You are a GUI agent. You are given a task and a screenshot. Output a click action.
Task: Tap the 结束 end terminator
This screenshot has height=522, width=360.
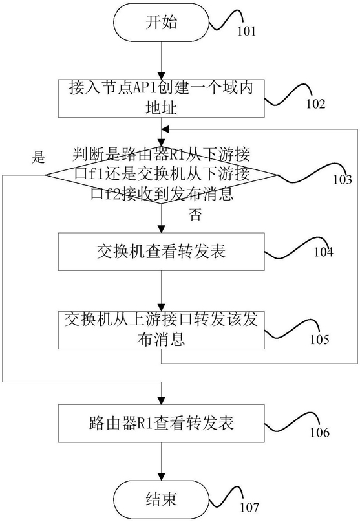pyautogui.click(x=162, y=499)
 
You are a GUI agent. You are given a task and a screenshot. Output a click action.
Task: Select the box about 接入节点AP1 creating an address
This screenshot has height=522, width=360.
pyautogui.click(x=162, y=98)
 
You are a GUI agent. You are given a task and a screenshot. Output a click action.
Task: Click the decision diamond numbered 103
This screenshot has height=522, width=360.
pyautogui.click(x=162, y=175)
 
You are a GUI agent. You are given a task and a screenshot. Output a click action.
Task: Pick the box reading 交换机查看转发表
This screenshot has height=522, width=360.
pyautogui.click(x=162, y=252)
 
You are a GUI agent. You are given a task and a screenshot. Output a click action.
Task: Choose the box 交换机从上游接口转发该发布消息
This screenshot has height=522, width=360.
pyautogui.click(x=162, y=330)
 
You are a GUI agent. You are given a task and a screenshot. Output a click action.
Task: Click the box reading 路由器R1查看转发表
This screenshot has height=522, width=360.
pyautogui.click(x=162, y=424)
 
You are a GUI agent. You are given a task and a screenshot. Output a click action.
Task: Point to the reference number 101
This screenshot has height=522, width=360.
pyautogui.click(x=246, y=31)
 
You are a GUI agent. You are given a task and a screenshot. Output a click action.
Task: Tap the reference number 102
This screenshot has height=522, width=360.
pyautogui.click(x=315, y=104)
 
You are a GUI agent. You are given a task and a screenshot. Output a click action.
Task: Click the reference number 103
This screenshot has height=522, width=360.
pyautogui.click(x=343, y=180)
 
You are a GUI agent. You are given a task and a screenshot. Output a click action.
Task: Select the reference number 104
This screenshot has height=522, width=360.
pyautogui.click(x=323, y=252)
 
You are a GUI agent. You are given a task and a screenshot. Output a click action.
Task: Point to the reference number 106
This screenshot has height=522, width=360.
pyautogui.click(x=320, y=433)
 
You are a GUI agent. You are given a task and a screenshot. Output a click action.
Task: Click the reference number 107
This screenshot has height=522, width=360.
pyautogui.click(x=249, y=507)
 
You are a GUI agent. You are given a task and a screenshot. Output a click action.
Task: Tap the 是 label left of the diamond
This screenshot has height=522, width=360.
pyautogui.click(x=38, y=157)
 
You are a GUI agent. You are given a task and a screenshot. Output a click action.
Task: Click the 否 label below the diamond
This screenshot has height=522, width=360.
pyautogui.click(x=195, y=215)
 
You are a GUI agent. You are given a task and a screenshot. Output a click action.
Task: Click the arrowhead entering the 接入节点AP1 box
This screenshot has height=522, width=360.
pyautogui.click(x=162, y=75)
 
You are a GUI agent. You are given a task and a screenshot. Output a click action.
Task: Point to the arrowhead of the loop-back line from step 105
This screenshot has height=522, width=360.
pyautogui.click(x=165, y=129)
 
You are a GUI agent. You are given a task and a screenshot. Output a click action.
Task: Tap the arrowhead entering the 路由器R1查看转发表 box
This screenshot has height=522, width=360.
pyautogui.click(x=162, y=400)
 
